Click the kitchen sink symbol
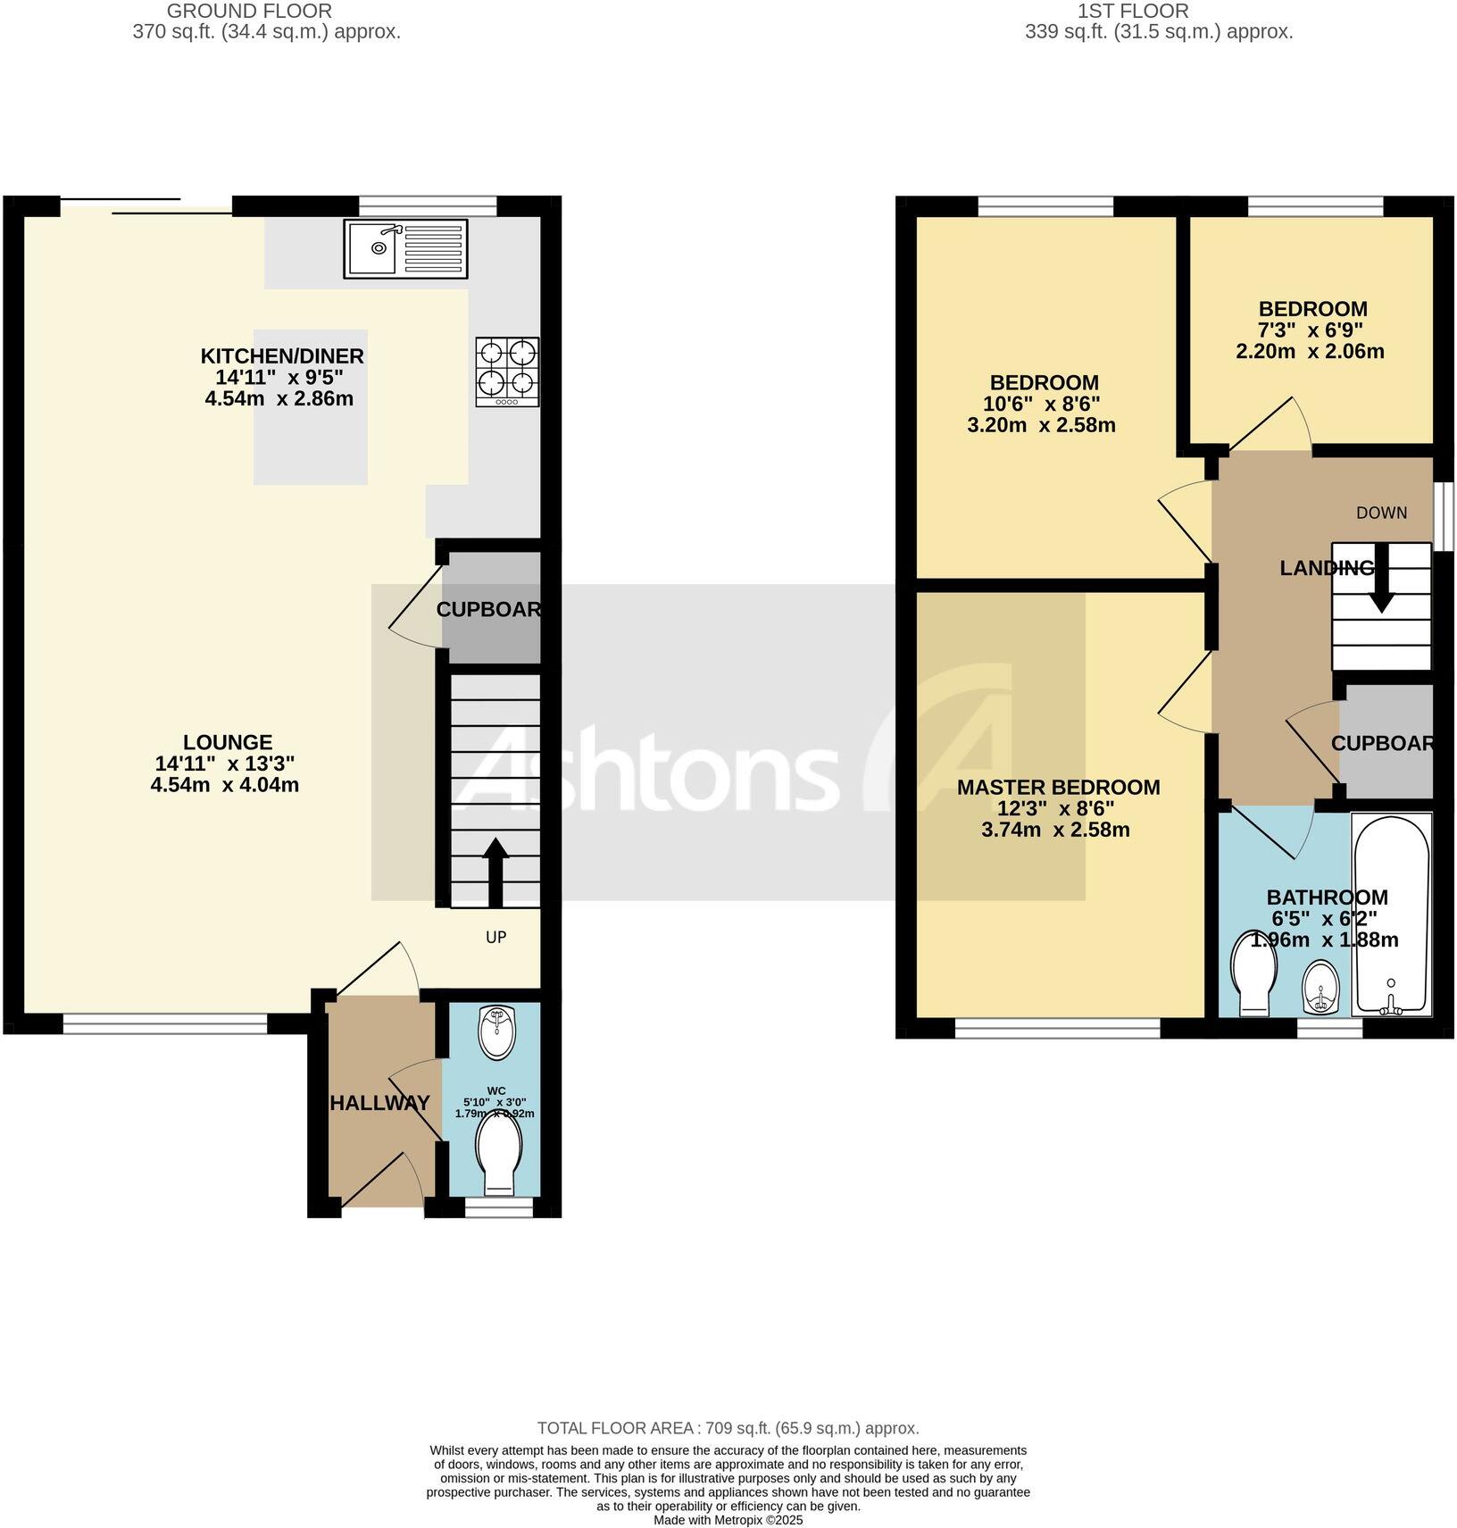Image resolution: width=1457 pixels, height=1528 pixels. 405,248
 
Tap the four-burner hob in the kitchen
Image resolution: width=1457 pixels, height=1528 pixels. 507,372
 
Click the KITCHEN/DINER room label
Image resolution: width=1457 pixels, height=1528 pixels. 281,356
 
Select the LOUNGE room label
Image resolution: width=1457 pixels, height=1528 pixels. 228,742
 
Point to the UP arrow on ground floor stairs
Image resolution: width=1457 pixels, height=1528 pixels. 495,872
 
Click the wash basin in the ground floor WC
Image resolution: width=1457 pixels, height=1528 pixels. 496,1031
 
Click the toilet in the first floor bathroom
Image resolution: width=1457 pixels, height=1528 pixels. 1253,973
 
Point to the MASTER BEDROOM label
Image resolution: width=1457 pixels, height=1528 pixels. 1058,787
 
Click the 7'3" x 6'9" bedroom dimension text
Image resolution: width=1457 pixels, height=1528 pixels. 1312,330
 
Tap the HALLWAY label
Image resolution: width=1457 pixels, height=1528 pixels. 380,1103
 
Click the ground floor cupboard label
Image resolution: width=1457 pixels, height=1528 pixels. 489,609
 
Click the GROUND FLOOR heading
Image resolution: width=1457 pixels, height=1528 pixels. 249,12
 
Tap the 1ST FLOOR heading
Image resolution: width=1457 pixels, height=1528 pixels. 1133,12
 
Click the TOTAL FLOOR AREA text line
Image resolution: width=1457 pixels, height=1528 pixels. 728,1428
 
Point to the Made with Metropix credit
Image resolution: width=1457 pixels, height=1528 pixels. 728,1519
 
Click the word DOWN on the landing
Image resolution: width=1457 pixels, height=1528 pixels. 1381,513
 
